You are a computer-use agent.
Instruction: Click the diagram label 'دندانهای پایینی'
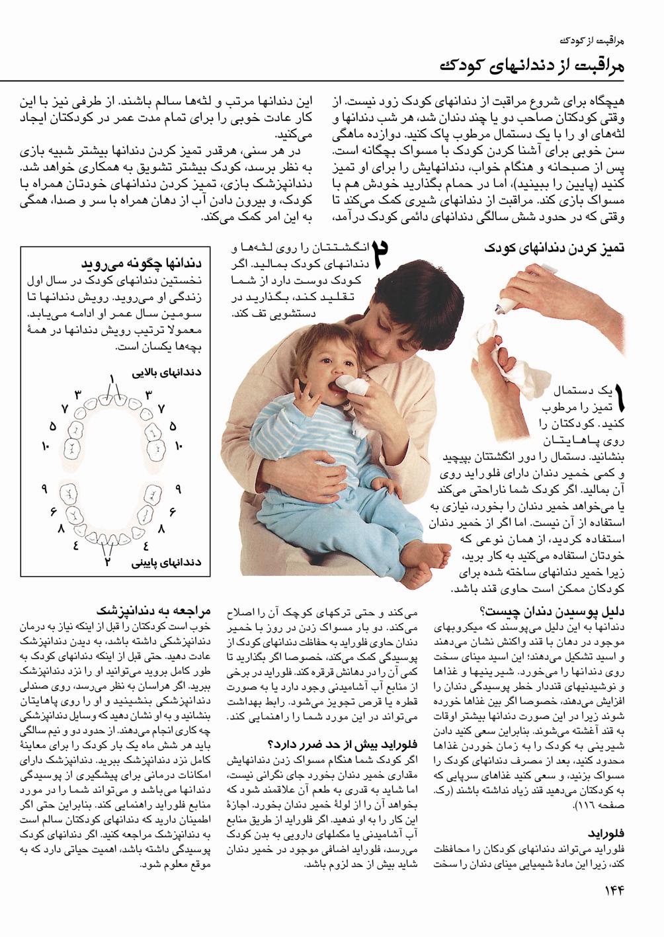pyautogui.click(x=167, y=563)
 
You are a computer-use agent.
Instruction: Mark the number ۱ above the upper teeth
pyautogui.click(x=113, y=379)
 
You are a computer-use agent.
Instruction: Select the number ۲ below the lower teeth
pyautogui.click(x=106, y=563)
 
